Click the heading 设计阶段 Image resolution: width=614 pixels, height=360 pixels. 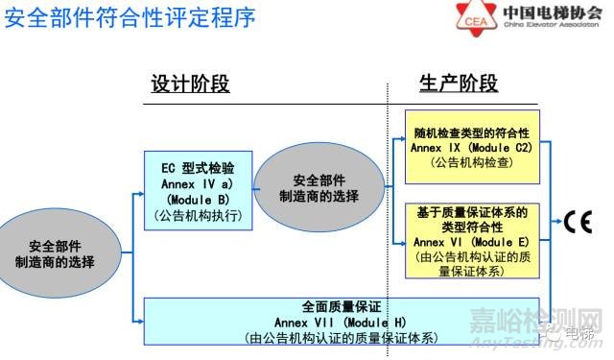coord(190,84)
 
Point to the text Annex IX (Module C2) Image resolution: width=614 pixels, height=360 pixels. coord(472,147)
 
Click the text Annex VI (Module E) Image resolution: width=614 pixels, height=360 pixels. coord(472,241)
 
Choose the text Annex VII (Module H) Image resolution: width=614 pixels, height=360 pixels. coord(341,322)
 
